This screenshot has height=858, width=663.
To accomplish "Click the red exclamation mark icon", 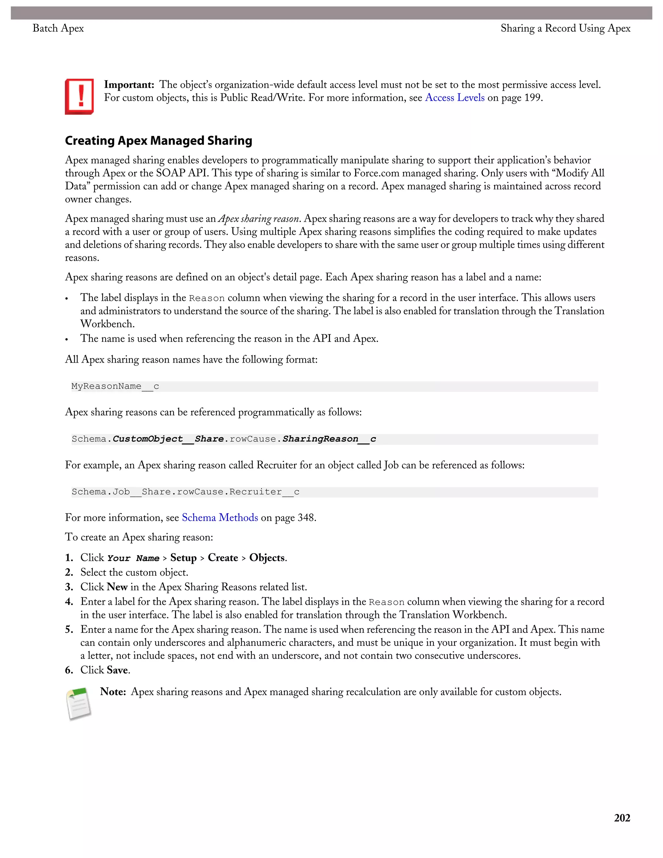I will [79, 96].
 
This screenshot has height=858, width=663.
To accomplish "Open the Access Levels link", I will [455, 98].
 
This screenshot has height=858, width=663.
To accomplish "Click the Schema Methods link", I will [219, 518].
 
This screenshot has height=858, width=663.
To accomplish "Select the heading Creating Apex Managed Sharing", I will [158, 141].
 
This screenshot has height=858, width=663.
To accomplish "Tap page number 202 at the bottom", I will [622, 818].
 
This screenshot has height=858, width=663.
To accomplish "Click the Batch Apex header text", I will [58, 28].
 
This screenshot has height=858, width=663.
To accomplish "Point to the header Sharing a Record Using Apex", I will [565, 28].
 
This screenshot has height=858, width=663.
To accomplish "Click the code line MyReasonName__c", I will [115, 387].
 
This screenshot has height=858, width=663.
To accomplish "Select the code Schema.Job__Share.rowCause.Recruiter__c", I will [185, 492].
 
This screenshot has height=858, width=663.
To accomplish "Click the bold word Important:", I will [129, 85].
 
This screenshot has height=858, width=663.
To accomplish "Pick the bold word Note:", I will [113, 692].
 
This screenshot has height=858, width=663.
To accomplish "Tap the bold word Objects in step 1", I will [267, 558].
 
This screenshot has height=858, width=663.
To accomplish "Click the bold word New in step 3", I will [117, 587].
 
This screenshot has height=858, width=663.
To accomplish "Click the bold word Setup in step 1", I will [184, 558].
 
